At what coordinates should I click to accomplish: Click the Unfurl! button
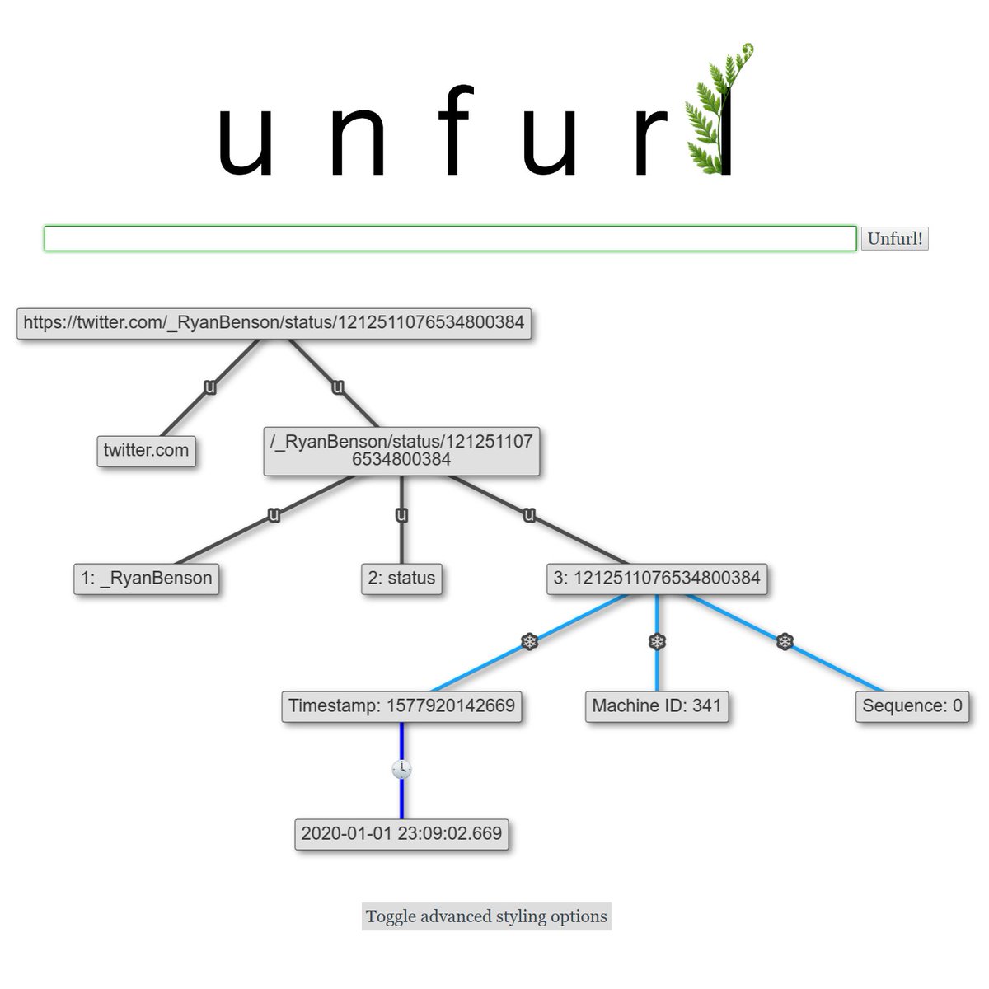point(894,239)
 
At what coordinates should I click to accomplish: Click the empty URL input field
point(450,239)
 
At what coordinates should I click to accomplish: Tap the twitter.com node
point(146,451)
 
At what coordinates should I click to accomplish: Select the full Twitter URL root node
point(274,322)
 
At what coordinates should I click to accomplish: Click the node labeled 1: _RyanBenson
point(146,579)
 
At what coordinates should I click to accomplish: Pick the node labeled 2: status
point(401,579)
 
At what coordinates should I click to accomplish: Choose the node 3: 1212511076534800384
point(657,579)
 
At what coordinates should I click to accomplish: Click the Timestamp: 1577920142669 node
point(401,706)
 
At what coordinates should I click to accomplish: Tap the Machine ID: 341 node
point(657,706)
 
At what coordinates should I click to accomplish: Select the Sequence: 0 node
point(912,706)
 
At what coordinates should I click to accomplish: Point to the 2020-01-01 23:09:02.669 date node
point(401,834)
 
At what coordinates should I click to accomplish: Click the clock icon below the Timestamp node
point(401,770)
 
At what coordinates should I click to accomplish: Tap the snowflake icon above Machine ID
point(657,641)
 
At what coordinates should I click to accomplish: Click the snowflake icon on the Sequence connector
point(785,641)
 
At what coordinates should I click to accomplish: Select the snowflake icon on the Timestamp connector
point(529,641)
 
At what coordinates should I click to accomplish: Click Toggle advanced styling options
point(486,916)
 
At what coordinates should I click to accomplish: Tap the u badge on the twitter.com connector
point(210,387)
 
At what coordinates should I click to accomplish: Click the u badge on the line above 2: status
point(401,515)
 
